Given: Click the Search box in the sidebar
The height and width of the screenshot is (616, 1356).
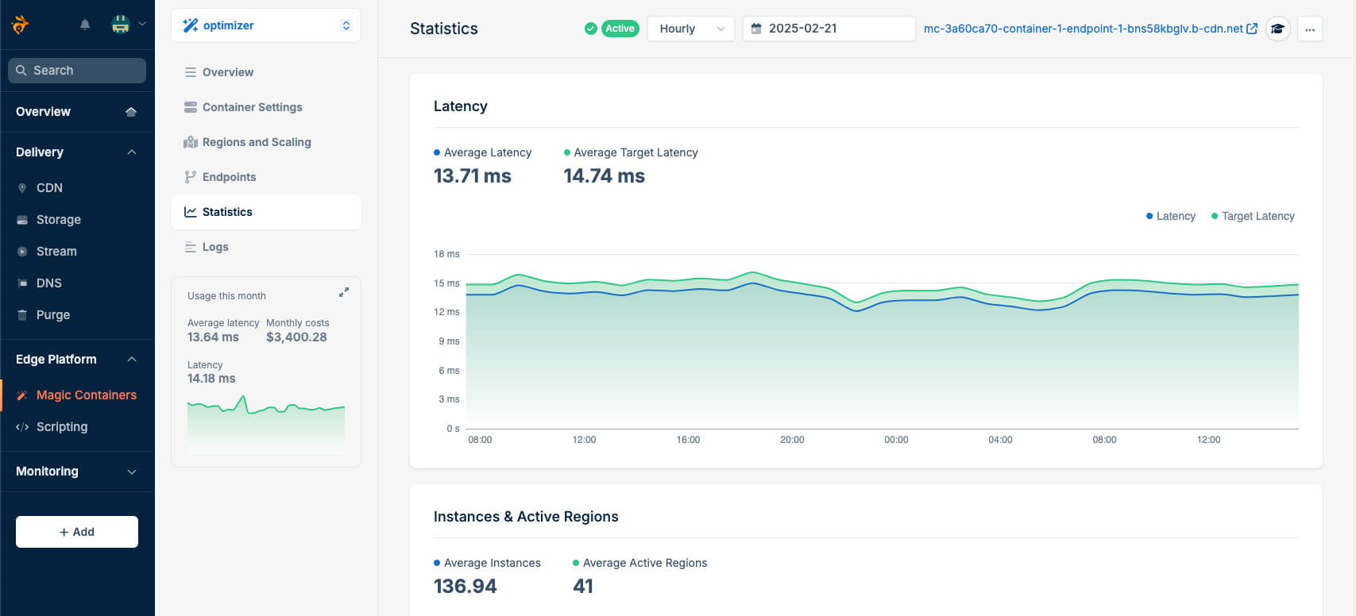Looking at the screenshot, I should pyautogui.click(x=77, y=71).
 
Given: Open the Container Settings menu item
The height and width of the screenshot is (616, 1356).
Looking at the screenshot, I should pyautogui.click(x=252, y=107).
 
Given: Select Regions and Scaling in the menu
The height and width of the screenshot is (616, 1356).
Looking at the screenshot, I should pyautogui.click(x=256, y=142).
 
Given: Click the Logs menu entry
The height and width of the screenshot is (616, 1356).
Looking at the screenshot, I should pyautogui.click(x=215, y=247).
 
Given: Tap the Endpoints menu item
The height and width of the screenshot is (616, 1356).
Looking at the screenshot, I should pyautogui.click(x=229, y=177).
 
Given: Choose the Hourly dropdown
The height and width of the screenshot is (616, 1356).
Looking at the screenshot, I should pyautogui.click(x=690, y=29).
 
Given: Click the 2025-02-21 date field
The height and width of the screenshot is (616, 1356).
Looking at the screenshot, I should pyautogui.click(x=828, y=29).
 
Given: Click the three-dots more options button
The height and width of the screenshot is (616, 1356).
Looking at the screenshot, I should pyautogui.click(x=1309, y=29).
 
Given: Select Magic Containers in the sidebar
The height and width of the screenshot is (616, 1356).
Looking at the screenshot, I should pyautogui.click(x=86, y=395).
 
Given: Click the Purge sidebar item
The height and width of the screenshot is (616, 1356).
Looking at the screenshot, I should pyautogui.click(x=52, y=314).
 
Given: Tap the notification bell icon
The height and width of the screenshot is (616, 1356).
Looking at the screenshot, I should pyautogui.click(x=85, y=25).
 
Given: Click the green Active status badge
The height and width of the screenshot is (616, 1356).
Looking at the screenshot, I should pyautogui.click(x=620, y=29).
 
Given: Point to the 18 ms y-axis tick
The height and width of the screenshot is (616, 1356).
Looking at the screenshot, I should pyautogui.click(x=446, y=254).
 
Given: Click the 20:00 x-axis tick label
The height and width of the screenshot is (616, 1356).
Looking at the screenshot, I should pyautogui.click(x=791, y=440).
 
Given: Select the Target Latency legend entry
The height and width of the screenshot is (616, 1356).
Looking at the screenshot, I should pyautogui.click(x=1257, y=216).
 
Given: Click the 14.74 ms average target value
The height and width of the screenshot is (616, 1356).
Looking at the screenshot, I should pyautogui.click(x=604, y=176).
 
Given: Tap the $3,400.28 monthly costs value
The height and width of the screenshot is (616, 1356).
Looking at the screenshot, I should pyautogui.click(x=296, y=337).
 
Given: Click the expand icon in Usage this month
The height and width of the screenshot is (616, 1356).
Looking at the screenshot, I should pyautogui.click(x=344, y=292).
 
